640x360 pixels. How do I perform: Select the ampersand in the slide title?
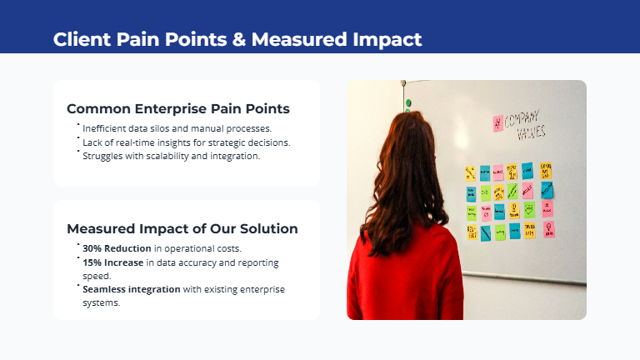238,39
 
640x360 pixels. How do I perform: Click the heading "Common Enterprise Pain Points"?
178,108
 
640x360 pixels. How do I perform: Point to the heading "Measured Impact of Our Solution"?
182,228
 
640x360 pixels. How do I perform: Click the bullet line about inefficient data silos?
177,128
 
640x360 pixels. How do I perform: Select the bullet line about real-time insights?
186,142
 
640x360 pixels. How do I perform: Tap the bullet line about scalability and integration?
171,155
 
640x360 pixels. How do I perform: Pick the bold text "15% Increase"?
112,262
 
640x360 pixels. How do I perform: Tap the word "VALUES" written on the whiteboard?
531,133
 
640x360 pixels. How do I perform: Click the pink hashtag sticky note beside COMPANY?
498,122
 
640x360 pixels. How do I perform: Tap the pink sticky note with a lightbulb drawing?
548,227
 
